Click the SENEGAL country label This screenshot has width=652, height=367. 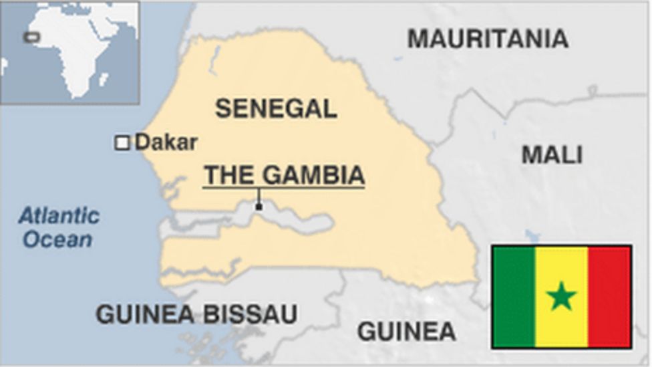[276, 108]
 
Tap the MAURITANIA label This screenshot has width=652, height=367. [488, 39]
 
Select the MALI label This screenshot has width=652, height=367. [552, 155]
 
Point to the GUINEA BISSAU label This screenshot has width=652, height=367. [196, 314]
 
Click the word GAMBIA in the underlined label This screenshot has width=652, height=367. [313, 175]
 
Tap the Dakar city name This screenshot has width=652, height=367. [166, 142]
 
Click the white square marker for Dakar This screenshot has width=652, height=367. [122, 142]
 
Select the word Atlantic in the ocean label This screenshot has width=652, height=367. [59, 216]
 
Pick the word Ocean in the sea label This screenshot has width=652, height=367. [57, 239]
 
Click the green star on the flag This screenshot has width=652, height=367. [561, 296]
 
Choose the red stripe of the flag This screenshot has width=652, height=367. [609, 296]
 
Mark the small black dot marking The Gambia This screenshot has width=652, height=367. [259, 207]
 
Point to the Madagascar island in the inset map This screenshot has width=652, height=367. [104, 80]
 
